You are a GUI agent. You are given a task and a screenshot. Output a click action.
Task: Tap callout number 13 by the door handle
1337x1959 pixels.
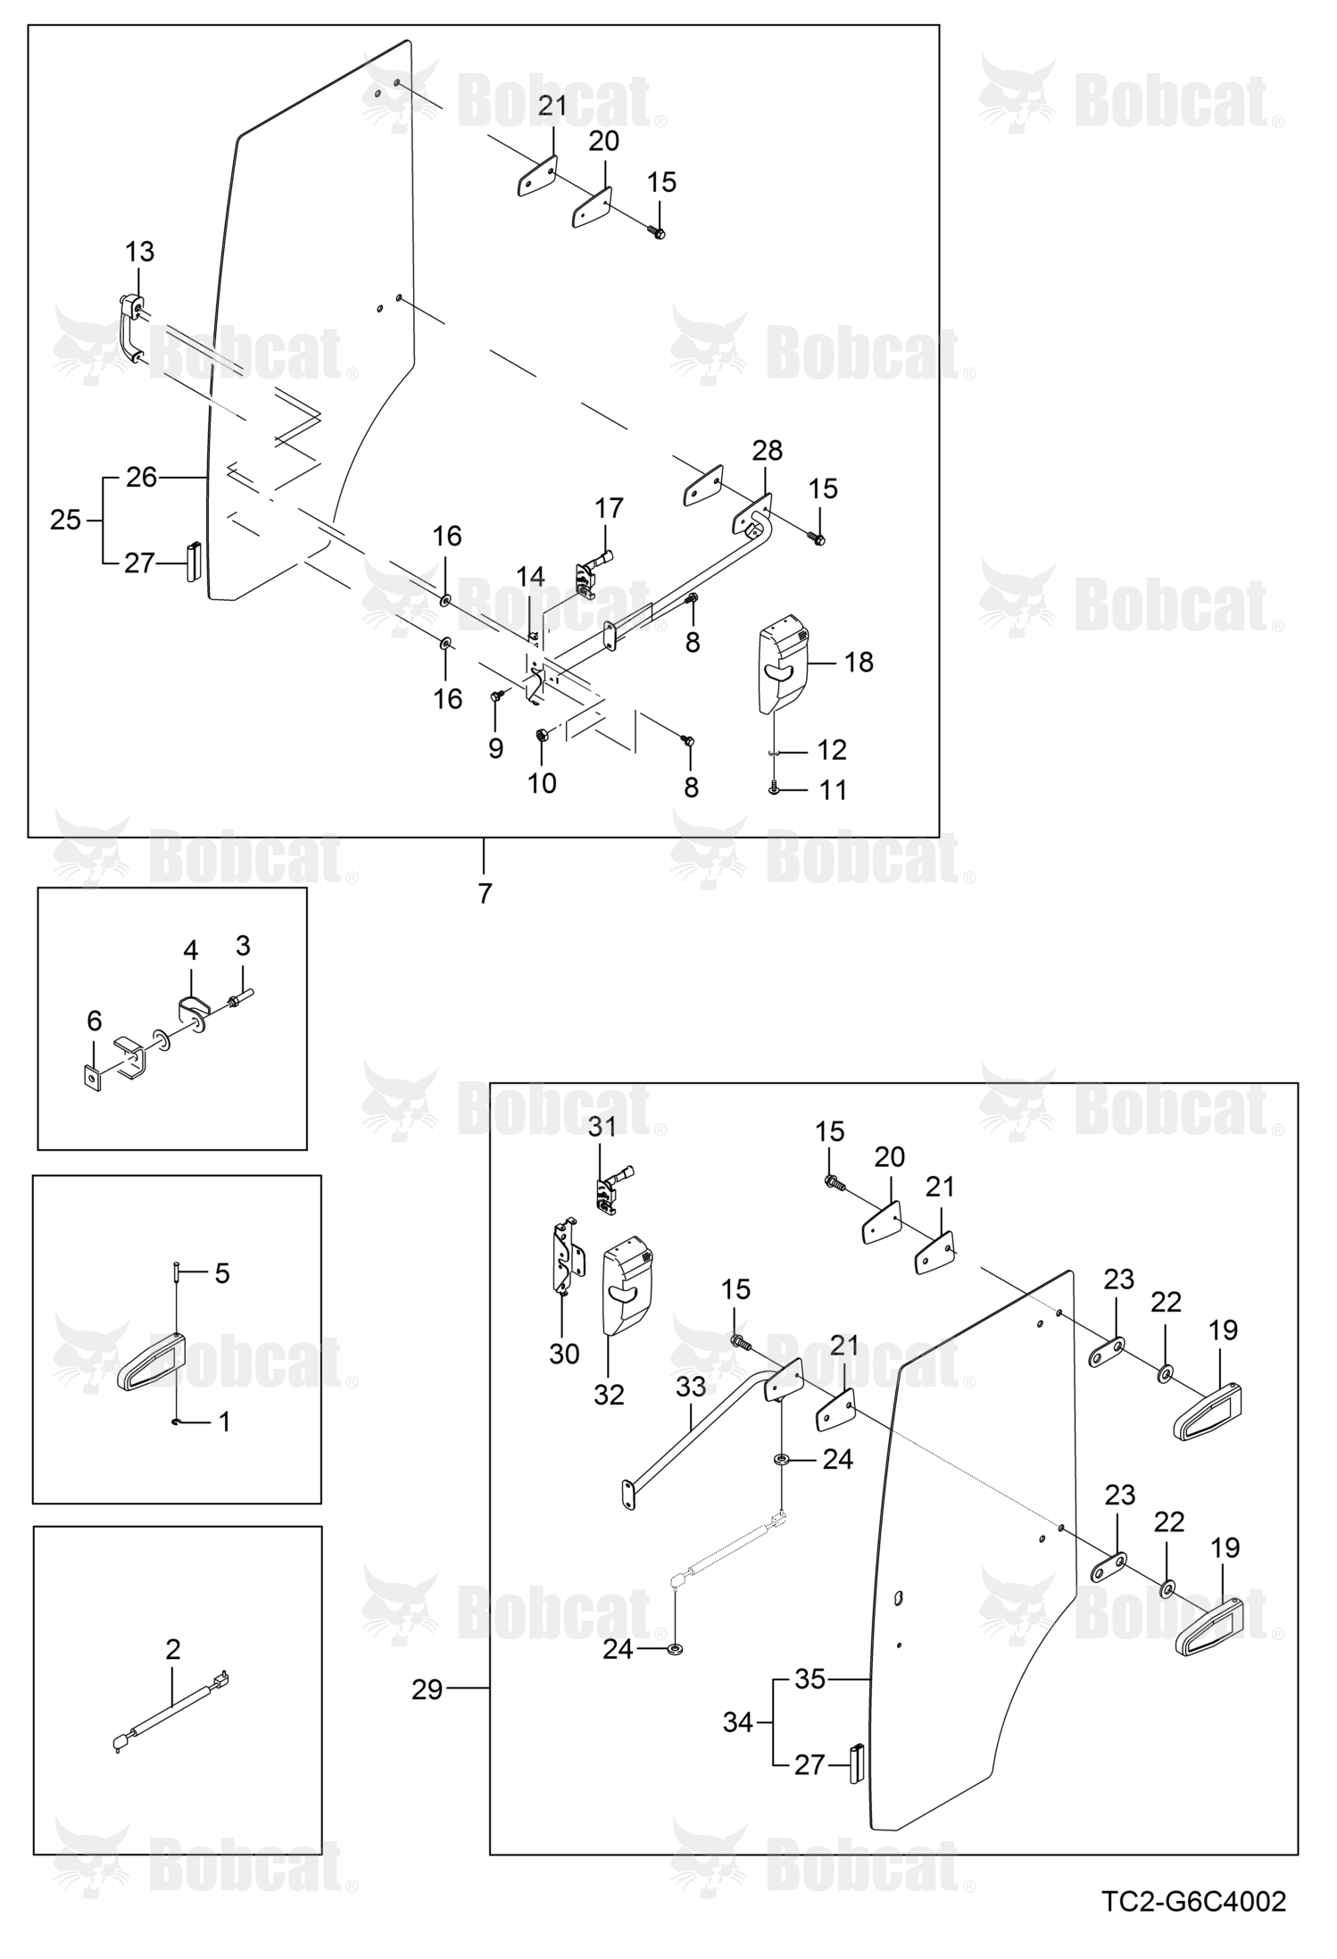140,252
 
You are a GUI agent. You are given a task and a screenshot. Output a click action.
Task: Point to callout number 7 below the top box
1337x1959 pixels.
485,893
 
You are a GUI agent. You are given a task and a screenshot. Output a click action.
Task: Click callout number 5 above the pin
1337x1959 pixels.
222,1272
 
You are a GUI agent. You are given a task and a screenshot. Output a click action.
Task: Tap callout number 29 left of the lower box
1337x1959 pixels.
427,1689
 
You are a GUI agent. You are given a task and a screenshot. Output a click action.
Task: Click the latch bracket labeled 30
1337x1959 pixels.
567,1259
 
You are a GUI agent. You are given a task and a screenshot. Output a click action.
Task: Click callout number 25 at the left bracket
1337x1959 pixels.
65,520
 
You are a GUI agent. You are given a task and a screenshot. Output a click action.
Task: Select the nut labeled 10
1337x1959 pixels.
541,736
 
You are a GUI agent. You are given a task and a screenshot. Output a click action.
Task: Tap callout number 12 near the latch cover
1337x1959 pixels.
832,750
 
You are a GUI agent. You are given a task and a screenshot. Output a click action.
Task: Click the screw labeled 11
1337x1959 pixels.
774,789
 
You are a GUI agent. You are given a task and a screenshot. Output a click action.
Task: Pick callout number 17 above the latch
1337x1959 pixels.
609,508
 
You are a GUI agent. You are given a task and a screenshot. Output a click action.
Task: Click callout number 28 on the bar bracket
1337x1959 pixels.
767,451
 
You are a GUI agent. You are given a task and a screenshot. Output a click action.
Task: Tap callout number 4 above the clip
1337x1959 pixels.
191,950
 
